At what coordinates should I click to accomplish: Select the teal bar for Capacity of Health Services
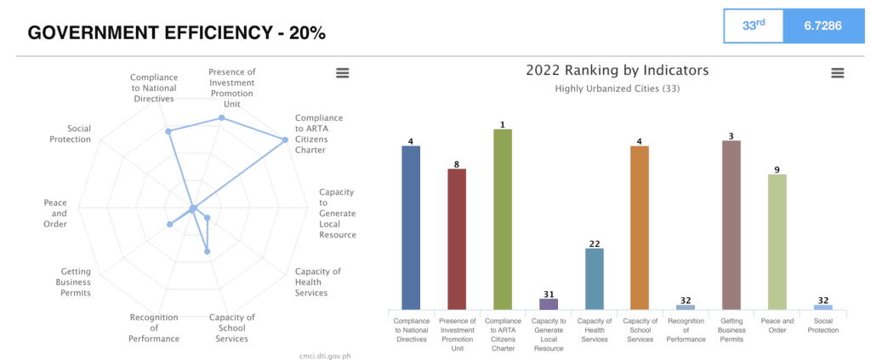595,279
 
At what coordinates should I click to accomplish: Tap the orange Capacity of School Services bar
640,228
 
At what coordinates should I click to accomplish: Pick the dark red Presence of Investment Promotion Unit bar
457,239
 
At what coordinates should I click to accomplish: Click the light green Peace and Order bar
777,243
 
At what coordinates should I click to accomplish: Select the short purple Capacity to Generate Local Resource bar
549,304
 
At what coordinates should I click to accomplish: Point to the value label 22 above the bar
595,243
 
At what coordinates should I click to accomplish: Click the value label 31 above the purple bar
549,294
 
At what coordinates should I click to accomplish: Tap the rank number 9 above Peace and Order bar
777,169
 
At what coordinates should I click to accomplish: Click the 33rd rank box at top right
753,26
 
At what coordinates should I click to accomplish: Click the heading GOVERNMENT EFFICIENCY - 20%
176,33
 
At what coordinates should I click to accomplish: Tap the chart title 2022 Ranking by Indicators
618,71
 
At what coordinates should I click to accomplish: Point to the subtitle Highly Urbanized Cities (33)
618,89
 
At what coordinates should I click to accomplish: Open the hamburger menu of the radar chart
343,73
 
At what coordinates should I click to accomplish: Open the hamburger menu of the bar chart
838,73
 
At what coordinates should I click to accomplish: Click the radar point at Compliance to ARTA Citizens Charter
284,140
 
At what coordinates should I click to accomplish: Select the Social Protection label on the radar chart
70,134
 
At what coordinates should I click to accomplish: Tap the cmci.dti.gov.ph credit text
319,355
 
